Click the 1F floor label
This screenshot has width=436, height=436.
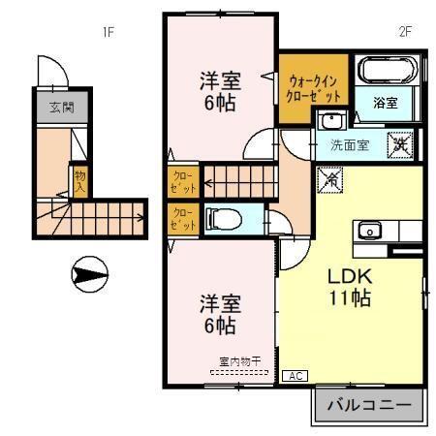point(109,31)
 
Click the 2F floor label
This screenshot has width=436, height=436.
point(404,31)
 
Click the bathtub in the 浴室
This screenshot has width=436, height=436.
point(387,71)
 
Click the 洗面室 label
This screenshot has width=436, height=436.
point(349,146)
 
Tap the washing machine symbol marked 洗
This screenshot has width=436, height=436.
point(400,144)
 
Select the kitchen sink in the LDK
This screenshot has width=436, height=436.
point(368,231)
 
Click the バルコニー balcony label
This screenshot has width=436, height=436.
point(367,404)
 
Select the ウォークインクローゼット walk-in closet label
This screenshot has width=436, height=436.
point(311,89)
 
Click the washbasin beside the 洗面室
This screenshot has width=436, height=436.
point(330,122)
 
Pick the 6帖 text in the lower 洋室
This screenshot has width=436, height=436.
point(218,326)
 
